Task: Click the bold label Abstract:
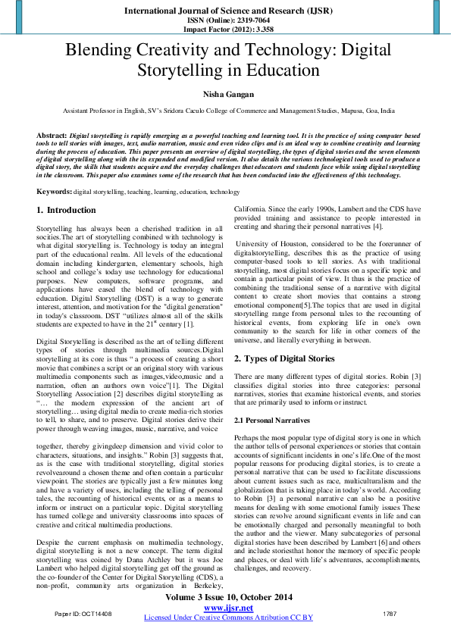tap(52, 134)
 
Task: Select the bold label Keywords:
tap(54, 192)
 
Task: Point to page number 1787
tap(390, 613)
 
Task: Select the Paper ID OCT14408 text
tap(83, 613)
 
